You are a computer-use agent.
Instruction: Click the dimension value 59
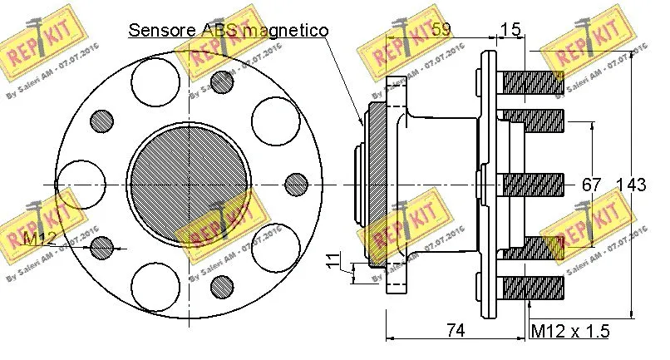point(441,30)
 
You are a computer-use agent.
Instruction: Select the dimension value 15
point(511,30)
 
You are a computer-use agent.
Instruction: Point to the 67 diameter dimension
point(591,185)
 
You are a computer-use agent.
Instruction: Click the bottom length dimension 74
point(453,331)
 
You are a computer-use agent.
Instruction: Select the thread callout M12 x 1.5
point(569,331)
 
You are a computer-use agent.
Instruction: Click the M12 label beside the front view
point(39,240)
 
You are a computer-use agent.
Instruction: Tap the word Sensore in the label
point(162,31)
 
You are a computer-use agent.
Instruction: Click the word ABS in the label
point(219,31)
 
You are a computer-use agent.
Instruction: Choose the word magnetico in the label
point(283,31)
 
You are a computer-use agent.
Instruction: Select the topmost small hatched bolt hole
point(221,81)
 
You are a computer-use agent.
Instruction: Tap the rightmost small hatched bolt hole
point(296,184)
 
